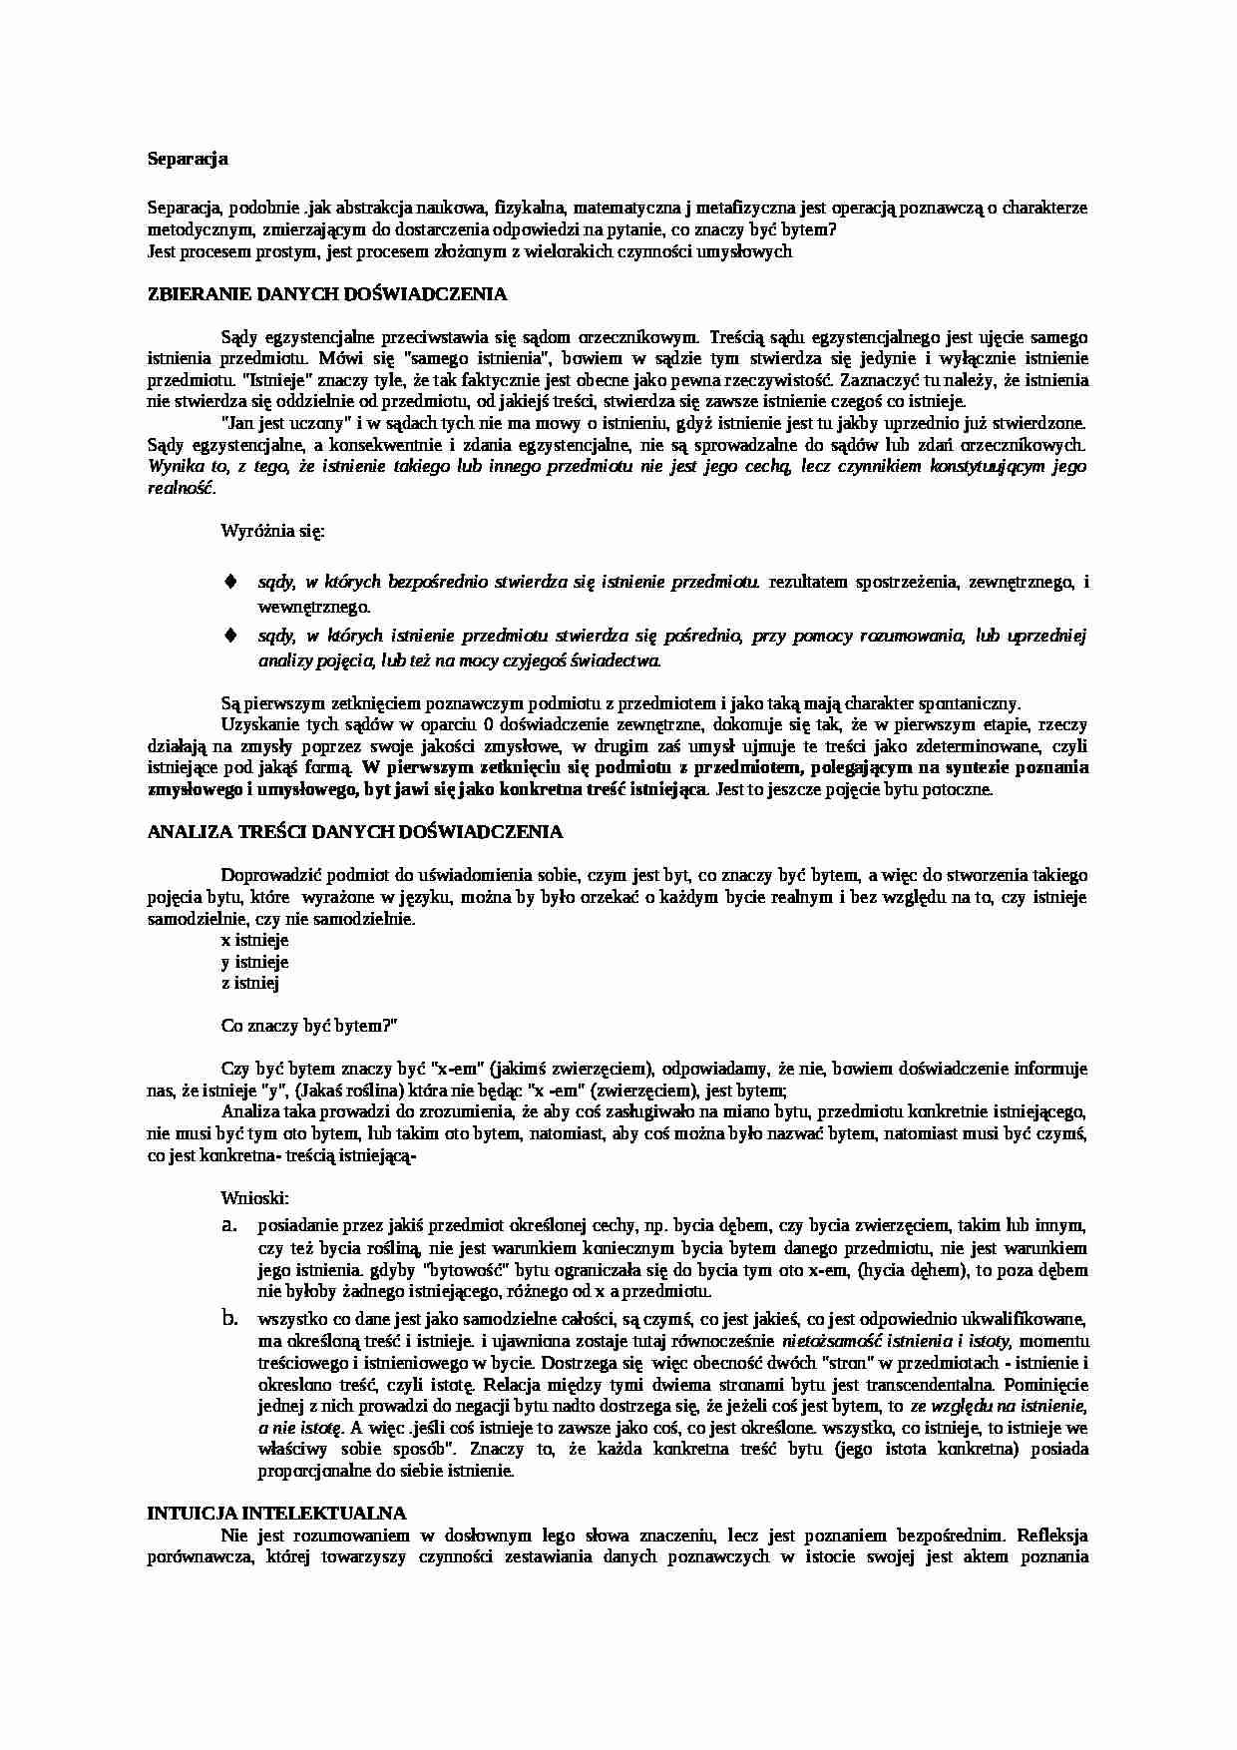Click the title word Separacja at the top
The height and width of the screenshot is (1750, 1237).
click(188, 158)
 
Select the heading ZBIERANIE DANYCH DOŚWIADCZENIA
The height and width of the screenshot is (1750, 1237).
click(326, 294)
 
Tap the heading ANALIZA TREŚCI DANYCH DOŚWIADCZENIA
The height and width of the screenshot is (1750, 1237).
click(354, 831)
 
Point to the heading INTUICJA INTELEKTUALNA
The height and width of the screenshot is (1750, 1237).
click(276, 1513)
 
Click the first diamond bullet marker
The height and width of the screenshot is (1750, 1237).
click(230, 581)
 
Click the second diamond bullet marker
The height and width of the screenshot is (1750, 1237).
click(230, 635)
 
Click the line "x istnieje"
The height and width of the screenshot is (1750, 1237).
click(254, 940)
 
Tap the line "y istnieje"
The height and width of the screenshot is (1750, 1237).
click(254, 962)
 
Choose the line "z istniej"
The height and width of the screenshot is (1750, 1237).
click(250, 983)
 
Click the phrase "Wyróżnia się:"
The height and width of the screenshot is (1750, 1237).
click(272, 531)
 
